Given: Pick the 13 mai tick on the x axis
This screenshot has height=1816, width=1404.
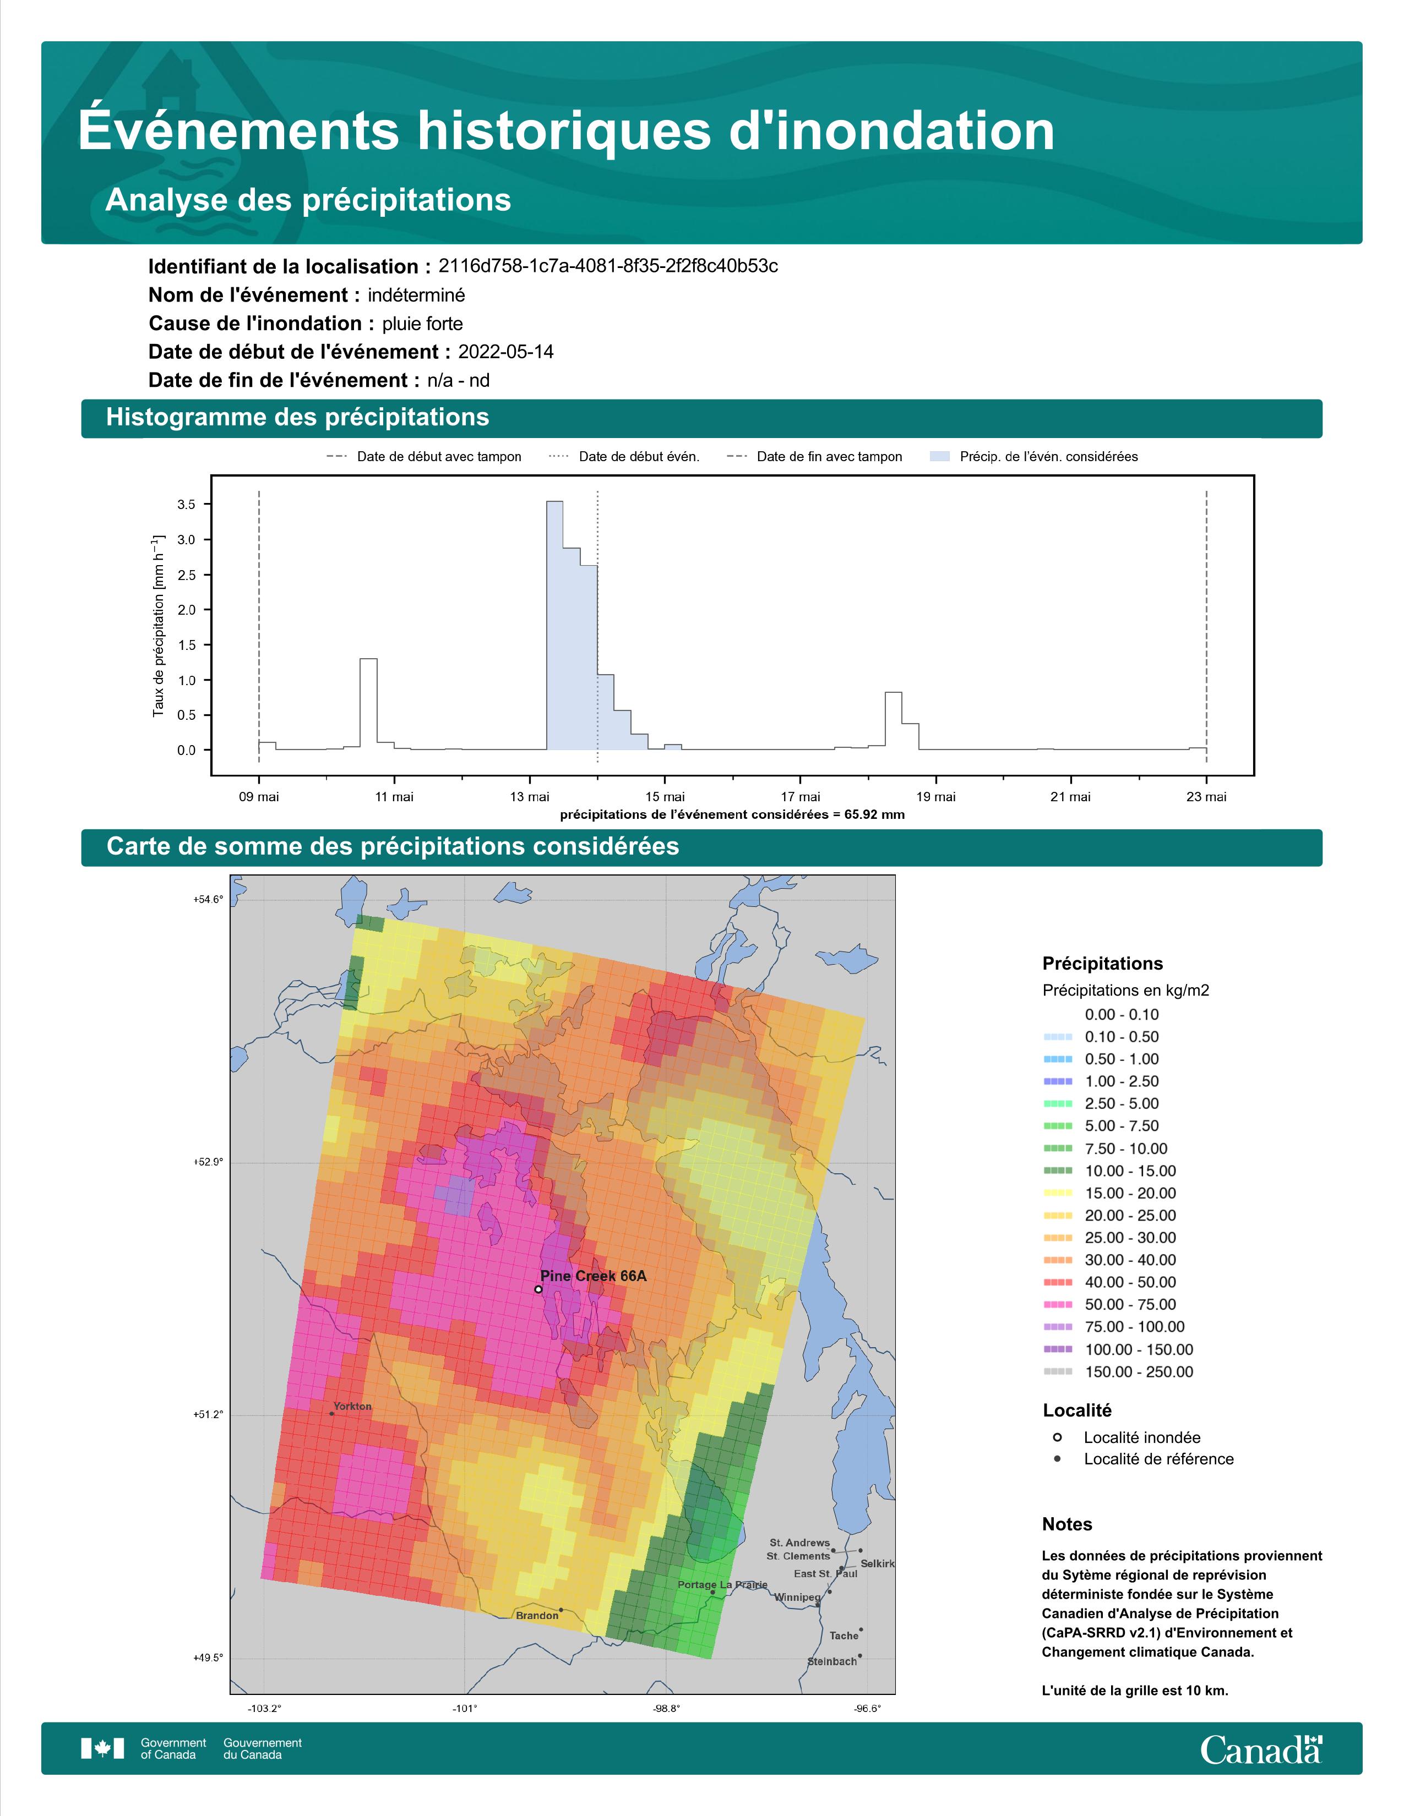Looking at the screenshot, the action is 529,797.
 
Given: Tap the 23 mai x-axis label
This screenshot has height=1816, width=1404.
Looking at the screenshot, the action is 1206,797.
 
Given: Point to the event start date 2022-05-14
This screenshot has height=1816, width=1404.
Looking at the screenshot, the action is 505,352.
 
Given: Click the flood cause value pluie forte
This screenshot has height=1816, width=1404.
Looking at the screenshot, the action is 422,324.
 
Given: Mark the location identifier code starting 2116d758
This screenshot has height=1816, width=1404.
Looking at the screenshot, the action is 608,266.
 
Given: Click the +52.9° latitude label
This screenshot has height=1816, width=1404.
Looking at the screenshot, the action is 208,1162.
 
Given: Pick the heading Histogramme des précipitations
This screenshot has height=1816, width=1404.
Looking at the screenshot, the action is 298,418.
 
